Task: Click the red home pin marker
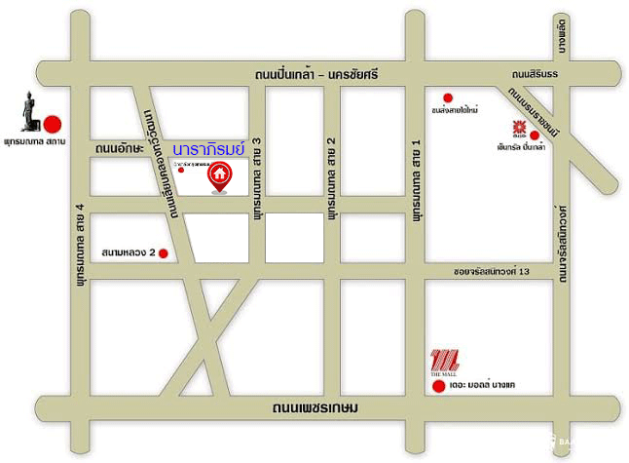click(x=221, y=176)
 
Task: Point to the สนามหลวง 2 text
click(x=128, y=253)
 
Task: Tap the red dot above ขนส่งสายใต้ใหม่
click(x=448, y=96)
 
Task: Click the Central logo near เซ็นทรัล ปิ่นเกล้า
click(x=520, y=128)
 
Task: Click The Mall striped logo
click(x=443, y=360)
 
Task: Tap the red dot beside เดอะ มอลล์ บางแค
click(x=437, y=387)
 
